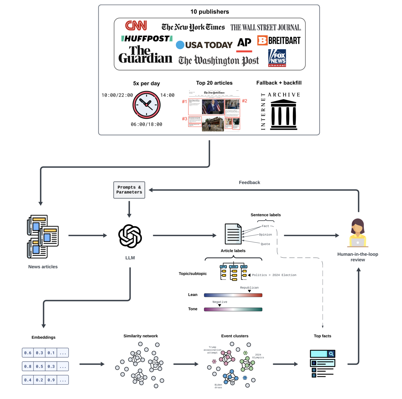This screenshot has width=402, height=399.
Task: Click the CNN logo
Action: pyautogui.click(x=136, y=26)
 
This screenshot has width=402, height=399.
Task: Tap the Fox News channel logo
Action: pyautogui.click(x=277, y=58)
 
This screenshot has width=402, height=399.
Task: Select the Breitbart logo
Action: pyautogui.click(x=279, y=41)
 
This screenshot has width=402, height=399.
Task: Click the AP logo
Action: pyautogui.click(x=244, y=43)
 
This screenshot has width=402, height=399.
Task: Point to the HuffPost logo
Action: pyautogui.click(x=147, y=39)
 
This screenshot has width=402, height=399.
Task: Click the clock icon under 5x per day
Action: pyautogui.click(x=147, y=105)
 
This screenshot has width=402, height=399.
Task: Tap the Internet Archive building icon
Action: pyautogui.click(x=283, y=115)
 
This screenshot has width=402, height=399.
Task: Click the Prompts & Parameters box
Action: pyautogui.click(x=129, y=190)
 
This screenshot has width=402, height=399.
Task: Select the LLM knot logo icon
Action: pyautogui.click(x=130, y=236)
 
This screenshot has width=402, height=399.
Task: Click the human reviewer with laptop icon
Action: pyautogui.click(x=358, y=233)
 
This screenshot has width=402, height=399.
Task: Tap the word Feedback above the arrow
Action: pyautogui.click(x=249, y=183)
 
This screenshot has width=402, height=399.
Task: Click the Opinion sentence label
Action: pyautogui.click(x=265, y=234)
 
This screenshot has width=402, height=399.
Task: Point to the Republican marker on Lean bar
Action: pyautogui.click(x=249, y=291)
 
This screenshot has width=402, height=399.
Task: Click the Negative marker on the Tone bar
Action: pyautogui.click(x=220, y=305)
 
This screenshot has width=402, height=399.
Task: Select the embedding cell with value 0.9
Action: pyautogui.click(x=51, y=380)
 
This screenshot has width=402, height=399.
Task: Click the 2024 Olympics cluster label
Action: pyautogui.click(x=258, y=356)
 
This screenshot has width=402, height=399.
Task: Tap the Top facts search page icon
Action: pyautogui.click(x=322, y=363)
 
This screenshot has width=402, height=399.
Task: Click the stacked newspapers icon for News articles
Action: pyautogui.click(x=43, y=236)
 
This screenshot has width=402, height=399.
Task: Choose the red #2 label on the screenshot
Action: pyautogui.click(x=244, y=101)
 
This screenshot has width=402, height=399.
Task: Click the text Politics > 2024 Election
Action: pyautogui.click(x=274, y=275)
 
